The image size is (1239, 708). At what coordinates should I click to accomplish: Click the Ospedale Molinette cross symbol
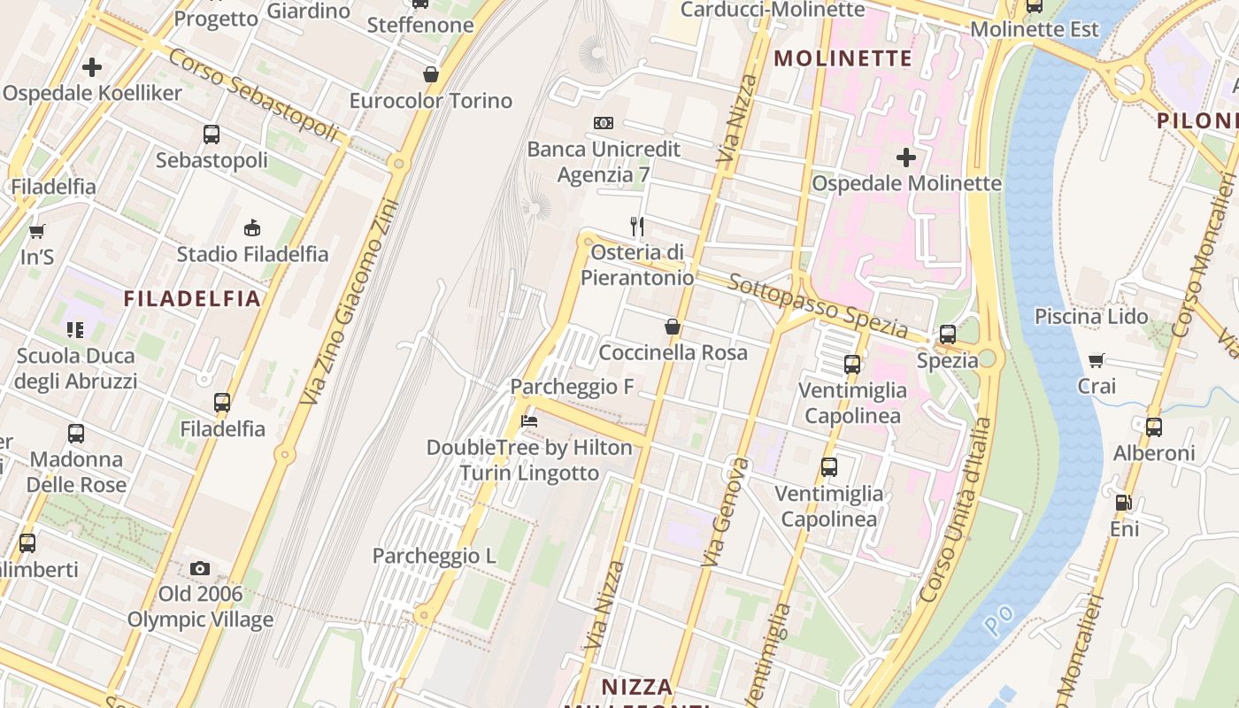(x=905, y=158)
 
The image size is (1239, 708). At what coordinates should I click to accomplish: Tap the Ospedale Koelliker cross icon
(x=91, y=67)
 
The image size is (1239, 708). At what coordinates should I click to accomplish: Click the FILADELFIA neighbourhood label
(x=192, y=298)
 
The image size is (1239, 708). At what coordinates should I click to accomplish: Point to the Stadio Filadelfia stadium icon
(x=252, y=227)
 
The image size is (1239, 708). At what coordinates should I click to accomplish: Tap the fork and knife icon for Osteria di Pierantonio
(x=636, y=227)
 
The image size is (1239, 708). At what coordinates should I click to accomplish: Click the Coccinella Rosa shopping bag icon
(x=673, y=327)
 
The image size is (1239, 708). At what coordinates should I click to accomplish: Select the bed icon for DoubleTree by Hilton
(x=529, y=421)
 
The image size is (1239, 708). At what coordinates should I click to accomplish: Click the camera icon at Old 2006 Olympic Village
(x=200, y=568)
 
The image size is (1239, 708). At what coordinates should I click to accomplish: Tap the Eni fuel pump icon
(x=1123, y=503)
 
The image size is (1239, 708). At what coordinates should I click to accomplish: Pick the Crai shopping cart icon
(x=1097, y=360)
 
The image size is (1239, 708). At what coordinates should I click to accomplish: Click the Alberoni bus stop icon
(x=1153, y=427)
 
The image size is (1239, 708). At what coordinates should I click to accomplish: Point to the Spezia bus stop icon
(x=947, y=335)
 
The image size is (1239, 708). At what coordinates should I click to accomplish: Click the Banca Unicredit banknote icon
(x=604, y=123)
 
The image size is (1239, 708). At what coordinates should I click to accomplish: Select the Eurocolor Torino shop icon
(x=431, y=74)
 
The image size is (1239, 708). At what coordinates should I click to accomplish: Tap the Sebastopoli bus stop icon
(x=212, y=135)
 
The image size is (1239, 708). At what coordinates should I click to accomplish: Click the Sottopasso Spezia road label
(x=817, y=306)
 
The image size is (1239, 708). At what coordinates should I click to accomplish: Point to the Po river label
(x=997, y=624)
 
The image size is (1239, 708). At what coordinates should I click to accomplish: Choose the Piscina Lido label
(x=1091, y=316)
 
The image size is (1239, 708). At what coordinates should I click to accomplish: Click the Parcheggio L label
(x=434, y=556)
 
